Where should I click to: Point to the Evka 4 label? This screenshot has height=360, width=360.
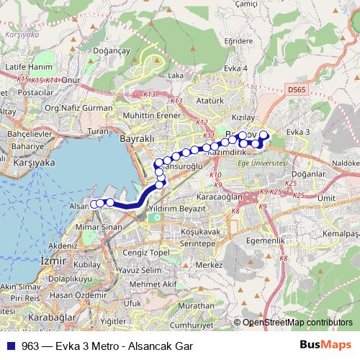coord(235,68)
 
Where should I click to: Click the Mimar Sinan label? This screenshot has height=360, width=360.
coord(100,226)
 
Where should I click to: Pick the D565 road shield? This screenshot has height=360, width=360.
coord(294,89)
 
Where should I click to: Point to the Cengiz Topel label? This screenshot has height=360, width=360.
coord(145,253)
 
